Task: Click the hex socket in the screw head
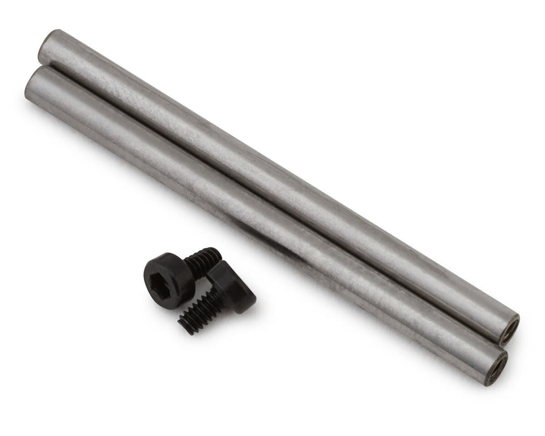coord(161,274)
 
